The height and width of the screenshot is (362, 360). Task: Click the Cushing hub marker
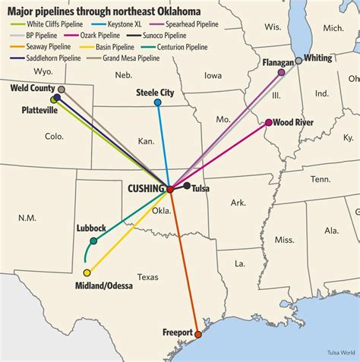169,188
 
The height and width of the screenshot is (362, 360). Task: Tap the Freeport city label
177,332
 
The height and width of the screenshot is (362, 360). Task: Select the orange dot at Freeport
198,334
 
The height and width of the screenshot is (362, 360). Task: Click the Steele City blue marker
157,102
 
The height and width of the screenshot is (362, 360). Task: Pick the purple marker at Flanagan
282,73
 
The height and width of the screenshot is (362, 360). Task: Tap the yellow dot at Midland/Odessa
87,272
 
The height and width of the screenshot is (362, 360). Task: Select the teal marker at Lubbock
93,241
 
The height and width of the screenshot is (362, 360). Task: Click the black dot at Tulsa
187,185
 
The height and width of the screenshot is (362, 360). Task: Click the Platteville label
39,110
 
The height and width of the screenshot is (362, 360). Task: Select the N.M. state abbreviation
27,218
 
